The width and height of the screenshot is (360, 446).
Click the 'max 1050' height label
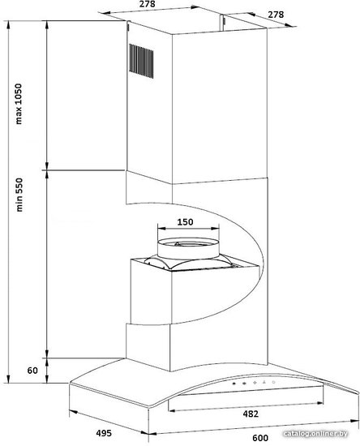(19, 104)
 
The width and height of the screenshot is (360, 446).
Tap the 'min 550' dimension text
(19, 195)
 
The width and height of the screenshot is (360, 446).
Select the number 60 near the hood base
(32, 371)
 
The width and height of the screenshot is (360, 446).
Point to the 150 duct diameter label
(185, 222)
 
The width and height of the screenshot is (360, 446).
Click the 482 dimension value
(251, 414)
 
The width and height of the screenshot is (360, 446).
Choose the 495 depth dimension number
(104, 433)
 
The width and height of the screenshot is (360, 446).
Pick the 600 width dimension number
(260, 438)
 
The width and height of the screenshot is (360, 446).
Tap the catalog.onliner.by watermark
(315, 434)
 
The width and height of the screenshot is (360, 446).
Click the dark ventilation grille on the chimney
(141, 61)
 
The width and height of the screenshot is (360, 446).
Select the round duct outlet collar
(188, 248)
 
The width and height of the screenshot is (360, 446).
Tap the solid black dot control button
(234, 384)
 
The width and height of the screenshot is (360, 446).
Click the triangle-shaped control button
(264, 382)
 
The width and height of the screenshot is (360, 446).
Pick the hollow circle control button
(273, 382)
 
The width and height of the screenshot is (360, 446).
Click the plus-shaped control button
(255, 383)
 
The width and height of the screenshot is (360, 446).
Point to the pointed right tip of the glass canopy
(359, 394)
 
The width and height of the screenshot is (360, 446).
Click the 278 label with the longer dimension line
(148, 4)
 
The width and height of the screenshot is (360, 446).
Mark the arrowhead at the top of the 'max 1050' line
(8, 24)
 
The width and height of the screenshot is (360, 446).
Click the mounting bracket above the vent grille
(128, 26)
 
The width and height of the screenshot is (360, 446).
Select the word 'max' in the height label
(19, 117)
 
